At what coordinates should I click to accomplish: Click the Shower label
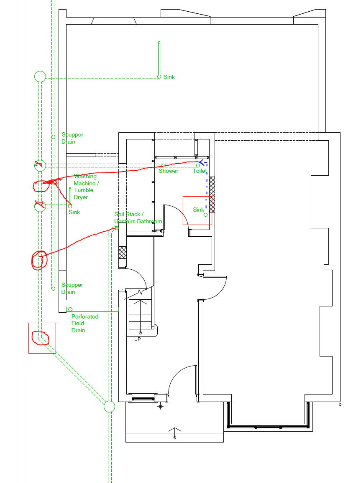pos(169,171)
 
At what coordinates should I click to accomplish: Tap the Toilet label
pos(200,171)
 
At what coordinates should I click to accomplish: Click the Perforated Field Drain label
pos(85,324)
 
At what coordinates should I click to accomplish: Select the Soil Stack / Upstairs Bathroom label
pos(138,218)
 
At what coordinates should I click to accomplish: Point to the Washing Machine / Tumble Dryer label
pos(86,187)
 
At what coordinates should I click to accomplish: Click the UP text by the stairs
pos(137,339)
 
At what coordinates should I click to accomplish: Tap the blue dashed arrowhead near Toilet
pos(203,162)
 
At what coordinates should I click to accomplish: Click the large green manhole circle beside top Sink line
pos(40,76)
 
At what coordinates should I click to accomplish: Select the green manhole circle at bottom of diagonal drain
pos(109,406)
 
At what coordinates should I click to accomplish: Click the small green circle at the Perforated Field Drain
pos(70,309)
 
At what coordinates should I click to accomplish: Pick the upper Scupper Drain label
pos(72,138)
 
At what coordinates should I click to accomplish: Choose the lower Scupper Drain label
pos(72,288)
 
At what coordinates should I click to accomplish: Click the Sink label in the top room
pos(169,77)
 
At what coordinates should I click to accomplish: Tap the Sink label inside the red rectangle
pos(198,210)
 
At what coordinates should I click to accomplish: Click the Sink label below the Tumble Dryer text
pos(74,212)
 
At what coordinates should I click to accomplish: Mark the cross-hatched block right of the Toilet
pos(212,195)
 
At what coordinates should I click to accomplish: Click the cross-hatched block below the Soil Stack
pos(123,252)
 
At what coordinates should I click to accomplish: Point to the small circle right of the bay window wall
pos(340,405)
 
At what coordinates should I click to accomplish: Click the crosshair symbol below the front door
pos(161,407)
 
